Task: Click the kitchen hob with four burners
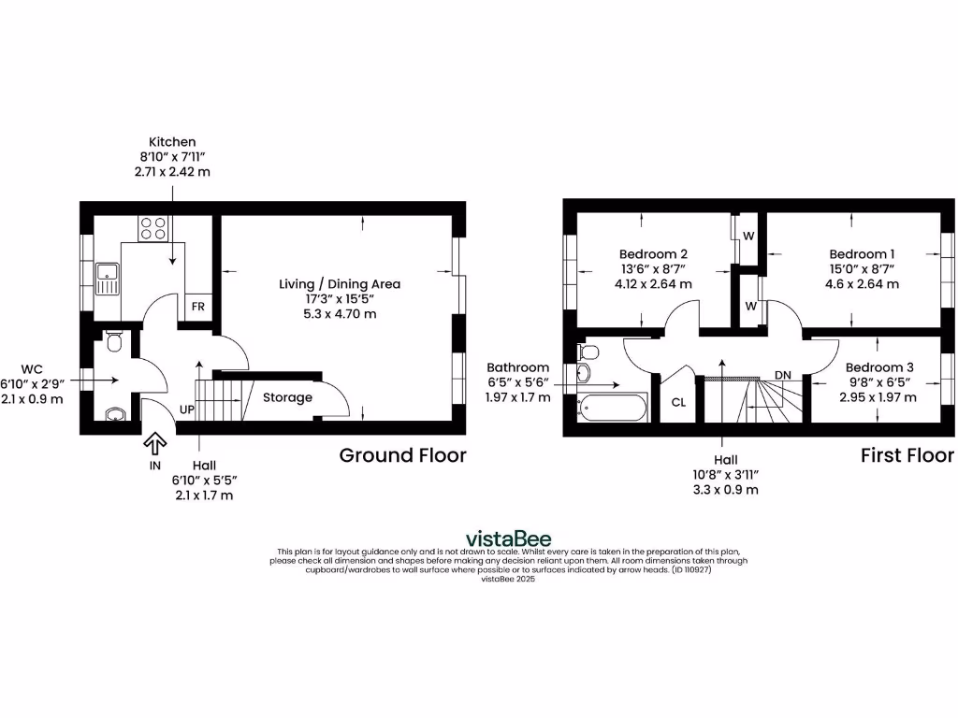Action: pyautogui.click(x=152, y=228)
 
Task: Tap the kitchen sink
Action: pyautogui.click(x=108, y=278)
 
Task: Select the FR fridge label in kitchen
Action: pyautogui.click(x=198, y=307)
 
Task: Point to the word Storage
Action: pyautogui.click(x=287, y=397)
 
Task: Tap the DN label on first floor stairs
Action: pyautogui.click(x=783, y=375)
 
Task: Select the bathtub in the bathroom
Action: pyautogui.click(x=613, y=408)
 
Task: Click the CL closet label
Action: pyautogui.click(x=678, y=403)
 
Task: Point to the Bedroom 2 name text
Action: pyautogui.click(x=654, y=254)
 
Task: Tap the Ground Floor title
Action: pyautogui.click(x=402, y=455)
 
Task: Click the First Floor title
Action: pyautogui.click(x=907, y=455)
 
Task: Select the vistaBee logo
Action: pyautogui.click(x=509, y=538)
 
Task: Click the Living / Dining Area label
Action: pyautogui.click(x=340, y=283)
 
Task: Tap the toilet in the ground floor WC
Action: pyautogui.click(x=114, y=342)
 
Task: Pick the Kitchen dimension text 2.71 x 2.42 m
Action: pyautogui.click(x=171, y=172)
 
